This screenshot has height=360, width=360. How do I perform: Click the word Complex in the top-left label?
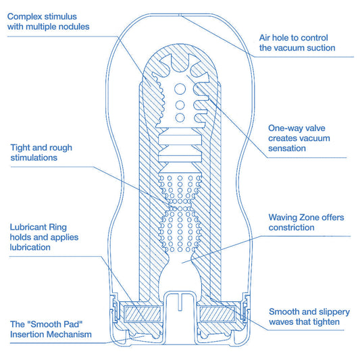(25, 17)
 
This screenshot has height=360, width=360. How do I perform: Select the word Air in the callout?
(265, 38)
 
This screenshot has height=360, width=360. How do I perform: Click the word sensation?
(287, 149)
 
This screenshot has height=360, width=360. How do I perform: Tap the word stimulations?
(34, 158)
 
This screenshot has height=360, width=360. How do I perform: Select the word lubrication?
(30, 247)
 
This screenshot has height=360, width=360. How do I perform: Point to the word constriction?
(291, 228)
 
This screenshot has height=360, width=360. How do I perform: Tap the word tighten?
(326, 322)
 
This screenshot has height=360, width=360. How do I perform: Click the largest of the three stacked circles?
(180, 89)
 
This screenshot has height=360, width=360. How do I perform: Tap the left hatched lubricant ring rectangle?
(142, 314)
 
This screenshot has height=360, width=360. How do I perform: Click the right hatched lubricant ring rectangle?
(217, 314)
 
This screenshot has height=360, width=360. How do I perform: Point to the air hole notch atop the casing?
(180, 15)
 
